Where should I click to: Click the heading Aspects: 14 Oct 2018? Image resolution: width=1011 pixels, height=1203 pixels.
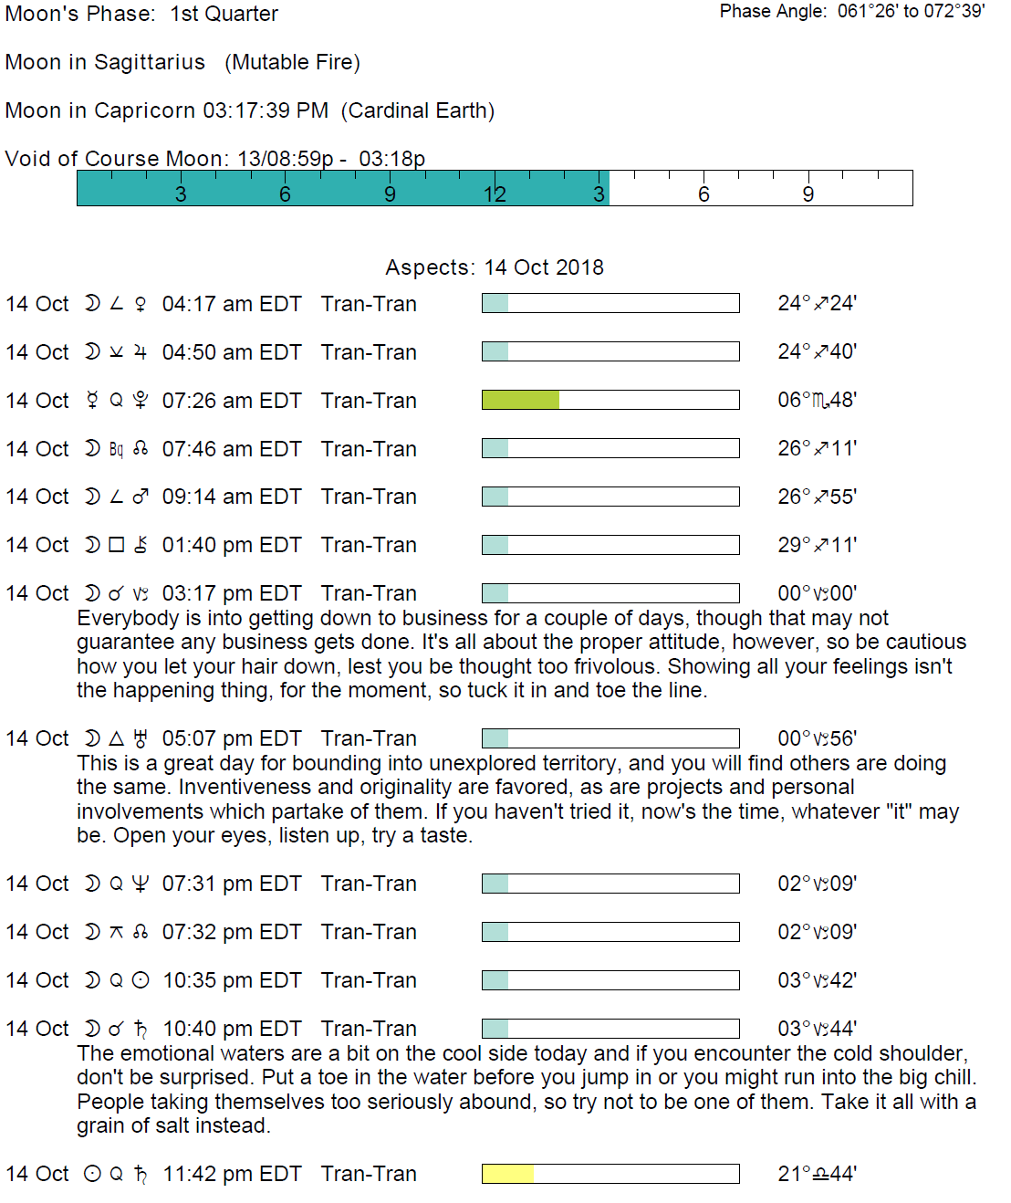[494, 267]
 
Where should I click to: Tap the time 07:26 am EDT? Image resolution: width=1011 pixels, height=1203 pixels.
[231, 401]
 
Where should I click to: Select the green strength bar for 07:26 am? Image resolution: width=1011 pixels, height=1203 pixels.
[520, 400]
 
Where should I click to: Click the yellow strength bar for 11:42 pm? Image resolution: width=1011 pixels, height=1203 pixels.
[507, 1174]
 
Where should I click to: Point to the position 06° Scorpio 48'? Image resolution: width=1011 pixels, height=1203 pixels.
[817, 401]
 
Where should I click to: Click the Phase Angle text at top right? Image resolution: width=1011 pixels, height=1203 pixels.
[851, 12]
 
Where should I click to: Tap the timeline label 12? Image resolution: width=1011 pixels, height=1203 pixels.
[495, 194]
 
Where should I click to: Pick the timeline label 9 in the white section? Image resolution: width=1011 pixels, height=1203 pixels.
[808, 194]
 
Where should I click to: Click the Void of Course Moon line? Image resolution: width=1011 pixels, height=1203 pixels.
[214, 159]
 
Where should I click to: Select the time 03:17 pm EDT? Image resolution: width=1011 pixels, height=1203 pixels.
[231, 593]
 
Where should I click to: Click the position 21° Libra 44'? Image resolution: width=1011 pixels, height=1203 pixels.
[817, 1174]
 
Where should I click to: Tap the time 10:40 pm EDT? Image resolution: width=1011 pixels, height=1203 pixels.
[231, 1029]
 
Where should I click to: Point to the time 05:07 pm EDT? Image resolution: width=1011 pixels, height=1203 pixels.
[231, 738]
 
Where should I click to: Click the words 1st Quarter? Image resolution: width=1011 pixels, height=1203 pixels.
[224, 14]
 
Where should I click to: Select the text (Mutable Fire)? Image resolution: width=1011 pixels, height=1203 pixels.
[292, 62]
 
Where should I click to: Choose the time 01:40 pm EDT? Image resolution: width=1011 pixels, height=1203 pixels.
[231, 545]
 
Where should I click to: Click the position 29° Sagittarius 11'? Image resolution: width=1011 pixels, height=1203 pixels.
[817, 545]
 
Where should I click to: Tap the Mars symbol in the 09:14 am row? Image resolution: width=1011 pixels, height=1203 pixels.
[141, 497]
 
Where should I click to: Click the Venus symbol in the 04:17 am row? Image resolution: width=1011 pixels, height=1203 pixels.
[141, 304]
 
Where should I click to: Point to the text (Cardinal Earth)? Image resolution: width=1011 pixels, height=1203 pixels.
[418, 110]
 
